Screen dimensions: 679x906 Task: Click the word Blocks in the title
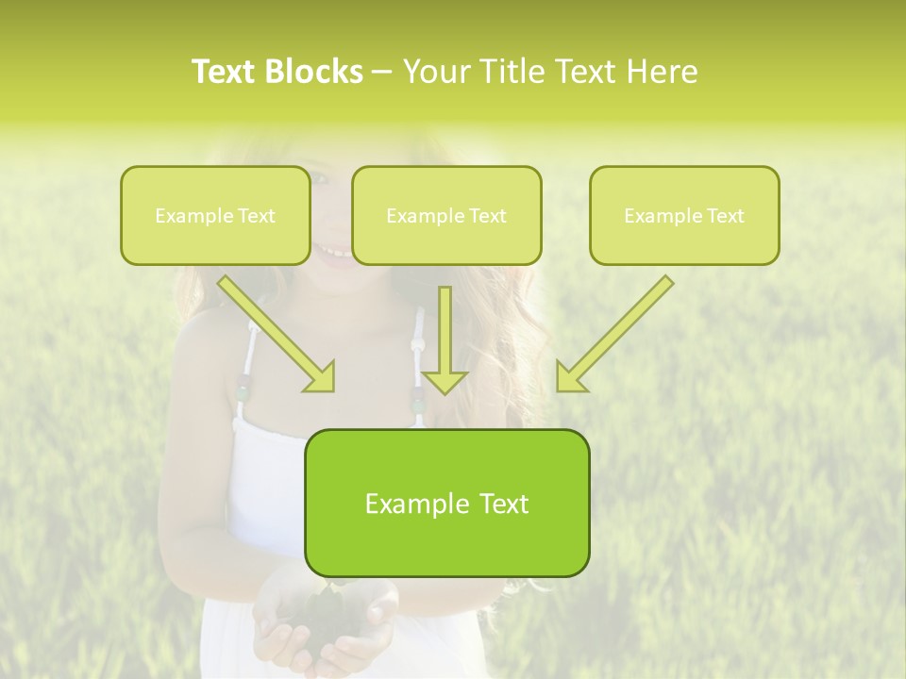pos(314,72)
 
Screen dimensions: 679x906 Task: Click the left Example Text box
pos(215,216)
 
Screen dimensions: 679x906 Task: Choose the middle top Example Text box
pos(446,216)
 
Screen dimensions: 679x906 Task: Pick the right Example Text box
pos(684,216)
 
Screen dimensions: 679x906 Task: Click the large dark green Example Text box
pos(446,504)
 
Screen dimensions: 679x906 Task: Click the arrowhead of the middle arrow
pos(445,381)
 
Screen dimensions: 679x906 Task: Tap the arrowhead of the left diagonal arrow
pos(321,377)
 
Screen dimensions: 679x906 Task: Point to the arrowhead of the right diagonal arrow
pos(569,377)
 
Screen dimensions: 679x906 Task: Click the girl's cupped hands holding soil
pos(326,618)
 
